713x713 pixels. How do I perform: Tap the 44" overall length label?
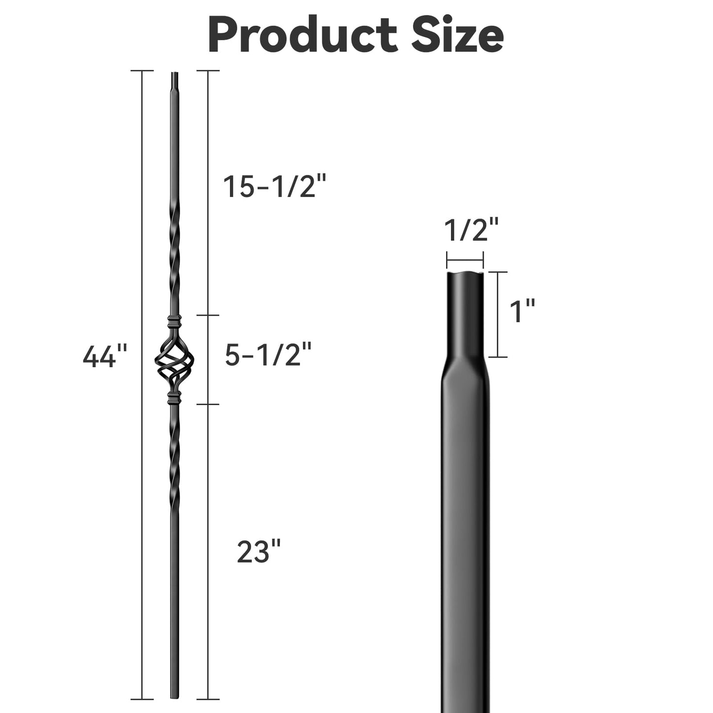click(x=105, y=356)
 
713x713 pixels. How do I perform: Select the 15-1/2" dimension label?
click(x=275, y=187)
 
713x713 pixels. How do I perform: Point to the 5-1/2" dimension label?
click(x=268, y=355)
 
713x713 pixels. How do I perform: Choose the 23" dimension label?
click(x=259, y=552)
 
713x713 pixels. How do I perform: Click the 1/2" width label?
click(x=471, y=230)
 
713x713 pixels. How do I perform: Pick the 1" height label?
click(x=522, y=312)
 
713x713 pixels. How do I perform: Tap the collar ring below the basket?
click(x=173, y=397)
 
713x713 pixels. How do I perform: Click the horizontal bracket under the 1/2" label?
click(x=465, y=260)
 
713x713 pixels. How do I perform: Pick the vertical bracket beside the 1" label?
click(x=498, y=314)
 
